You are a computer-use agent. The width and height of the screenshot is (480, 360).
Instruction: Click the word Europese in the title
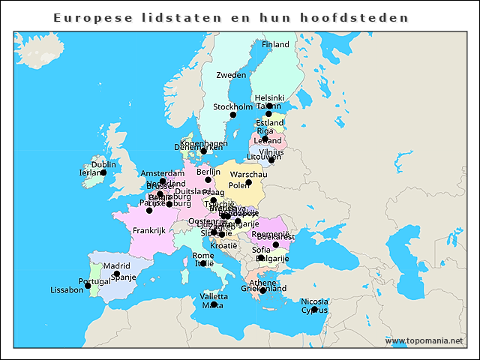88,16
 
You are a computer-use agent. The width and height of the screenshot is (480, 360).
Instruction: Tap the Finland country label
275,44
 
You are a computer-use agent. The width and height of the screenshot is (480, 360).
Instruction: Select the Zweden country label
231,75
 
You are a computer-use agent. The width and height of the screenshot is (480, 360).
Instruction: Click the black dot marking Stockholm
232,115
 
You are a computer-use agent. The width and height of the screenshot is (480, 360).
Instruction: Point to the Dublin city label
103,164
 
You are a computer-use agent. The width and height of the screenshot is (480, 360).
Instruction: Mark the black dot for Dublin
103,172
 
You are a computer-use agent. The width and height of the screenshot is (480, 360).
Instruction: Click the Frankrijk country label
148,230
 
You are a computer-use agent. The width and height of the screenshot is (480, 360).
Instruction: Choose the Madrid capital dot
117,274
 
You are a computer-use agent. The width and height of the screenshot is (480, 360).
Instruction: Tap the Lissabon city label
67,289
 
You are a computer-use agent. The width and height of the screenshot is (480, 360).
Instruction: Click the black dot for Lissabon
88,286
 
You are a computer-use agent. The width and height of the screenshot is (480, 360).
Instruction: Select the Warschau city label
248,174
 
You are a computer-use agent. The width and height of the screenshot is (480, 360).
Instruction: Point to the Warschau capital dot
248,182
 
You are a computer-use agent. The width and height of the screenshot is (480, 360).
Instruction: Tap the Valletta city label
214,296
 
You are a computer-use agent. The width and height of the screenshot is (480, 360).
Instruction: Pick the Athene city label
262,283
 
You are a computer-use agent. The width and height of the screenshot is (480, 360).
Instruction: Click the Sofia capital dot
275,244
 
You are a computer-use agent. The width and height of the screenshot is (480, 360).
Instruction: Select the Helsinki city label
270,97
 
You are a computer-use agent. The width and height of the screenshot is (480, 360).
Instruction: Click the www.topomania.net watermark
424,340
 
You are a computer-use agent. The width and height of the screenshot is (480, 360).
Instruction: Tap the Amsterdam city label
163,173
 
